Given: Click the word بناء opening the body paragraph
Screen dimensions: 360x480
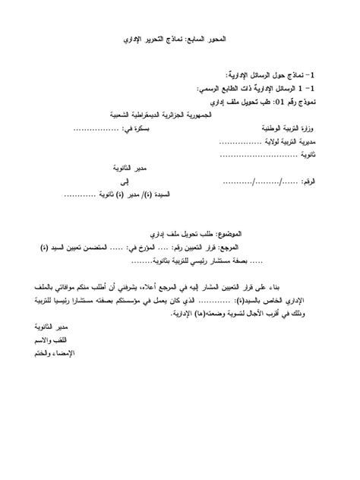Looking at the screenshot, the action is (x=303, y=286).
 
